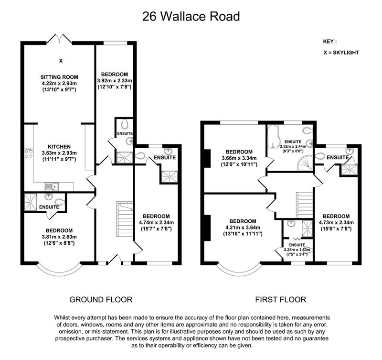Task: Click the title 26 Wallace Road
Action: click(191, 17)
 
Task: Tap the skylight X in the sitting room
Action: click(61, 61)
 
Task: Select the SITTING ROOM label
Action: click(59, 77)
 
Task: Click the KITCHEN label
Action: click(59, 147)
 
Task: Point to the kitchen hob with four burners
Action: click(29, 153)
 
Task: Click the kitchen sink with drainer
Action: click(52, 186)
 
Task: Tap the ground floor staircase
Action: click(125, 219)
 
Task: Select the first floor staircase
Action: click(305, 205)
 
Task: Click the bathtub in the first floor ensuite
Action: click(273, 137)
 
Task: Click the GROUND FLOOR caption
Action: click(101, 299)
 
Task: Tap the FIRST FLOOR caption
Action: click(281, 299)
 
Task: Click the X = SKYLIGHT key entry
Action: click(341, 53)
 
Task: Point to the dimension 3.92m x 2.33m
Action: click(115, 80)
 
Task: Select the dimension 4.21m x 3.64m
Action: click(243, 228)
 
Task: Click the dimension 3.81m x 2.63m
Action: click(59, 237)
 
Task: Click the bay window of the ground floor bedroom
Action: click(59, 271)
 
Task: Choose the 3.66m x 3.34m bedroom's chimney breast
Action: click(207, 159)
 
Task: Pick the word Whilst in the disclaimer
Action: click(62, 317)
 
